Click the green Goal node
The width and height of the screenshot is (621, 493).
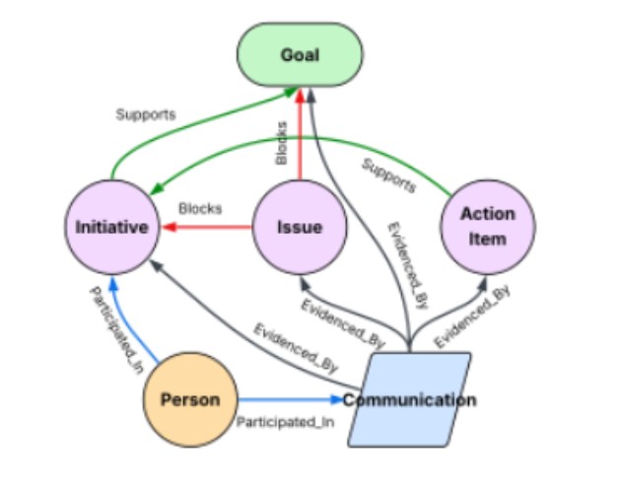pos(300,55)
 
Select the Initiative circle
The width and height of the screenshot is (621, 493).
pos(112,227)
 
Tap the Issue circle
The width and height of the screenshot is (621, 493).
pos(300,227)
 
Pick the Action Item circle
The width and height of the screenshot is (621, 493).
pos(487,227)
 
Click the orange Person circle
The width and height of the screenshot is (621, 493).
pos(189,400)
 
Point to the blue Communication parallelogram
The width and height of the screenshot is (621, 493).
pos(409,400)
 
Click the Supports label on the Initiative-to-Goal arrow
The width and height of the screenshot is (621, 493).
pos(145,114)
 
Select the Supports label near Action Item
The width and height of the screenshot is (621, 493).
pos(387,175)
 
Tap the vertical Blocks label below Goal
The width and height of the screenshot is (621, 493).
pos(282,143)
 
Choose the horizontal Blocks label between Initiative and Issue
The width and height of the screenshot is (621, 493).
pos(200,208)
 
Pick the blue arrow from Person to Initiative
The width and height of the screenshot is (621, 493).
pos(128,325)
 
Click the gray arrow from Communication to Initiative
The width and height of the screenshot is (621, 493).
pos(237,325)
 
